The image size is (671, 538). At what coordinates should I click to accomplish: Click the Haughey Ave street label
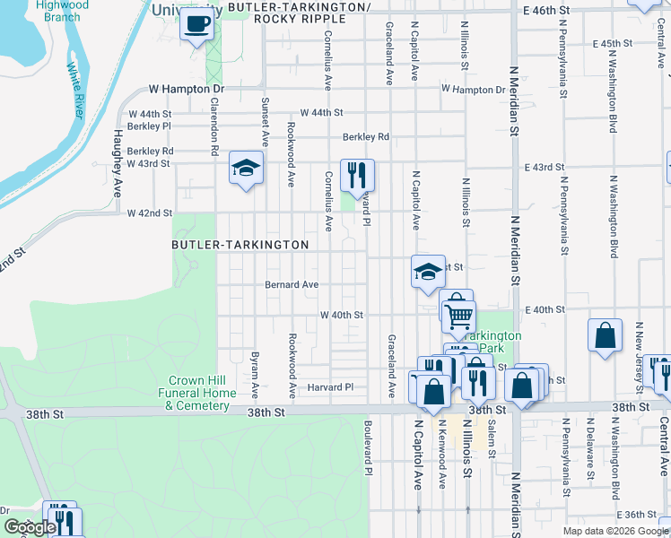[x=118, y=164]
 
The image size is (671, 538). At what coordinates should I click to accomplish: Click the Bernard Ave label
[x=292, y=285]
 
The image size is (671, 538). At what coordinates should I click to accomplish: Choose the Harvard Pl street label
[x=327, y=387]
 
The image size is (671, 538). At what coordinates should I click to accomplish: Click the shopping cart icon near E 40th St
[x=458, y=314]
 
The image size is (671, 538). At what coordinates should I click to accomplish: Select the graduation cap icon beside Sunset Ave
[x=246, y=168]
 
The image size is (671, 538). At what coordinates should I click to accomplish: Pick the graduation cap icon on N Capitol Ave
[x=429, y=271]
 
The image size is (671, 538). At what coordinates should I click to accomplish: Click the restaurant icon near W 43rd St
[x=357, y=173]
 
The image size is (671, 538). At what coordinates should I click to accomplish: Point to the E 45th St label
[x=613, y=43]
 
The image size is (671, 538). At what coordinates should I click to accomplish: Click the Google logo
[x=29, y=527]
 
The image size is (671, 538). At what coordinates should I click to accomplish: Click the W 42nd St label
[x=150, y=213]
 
